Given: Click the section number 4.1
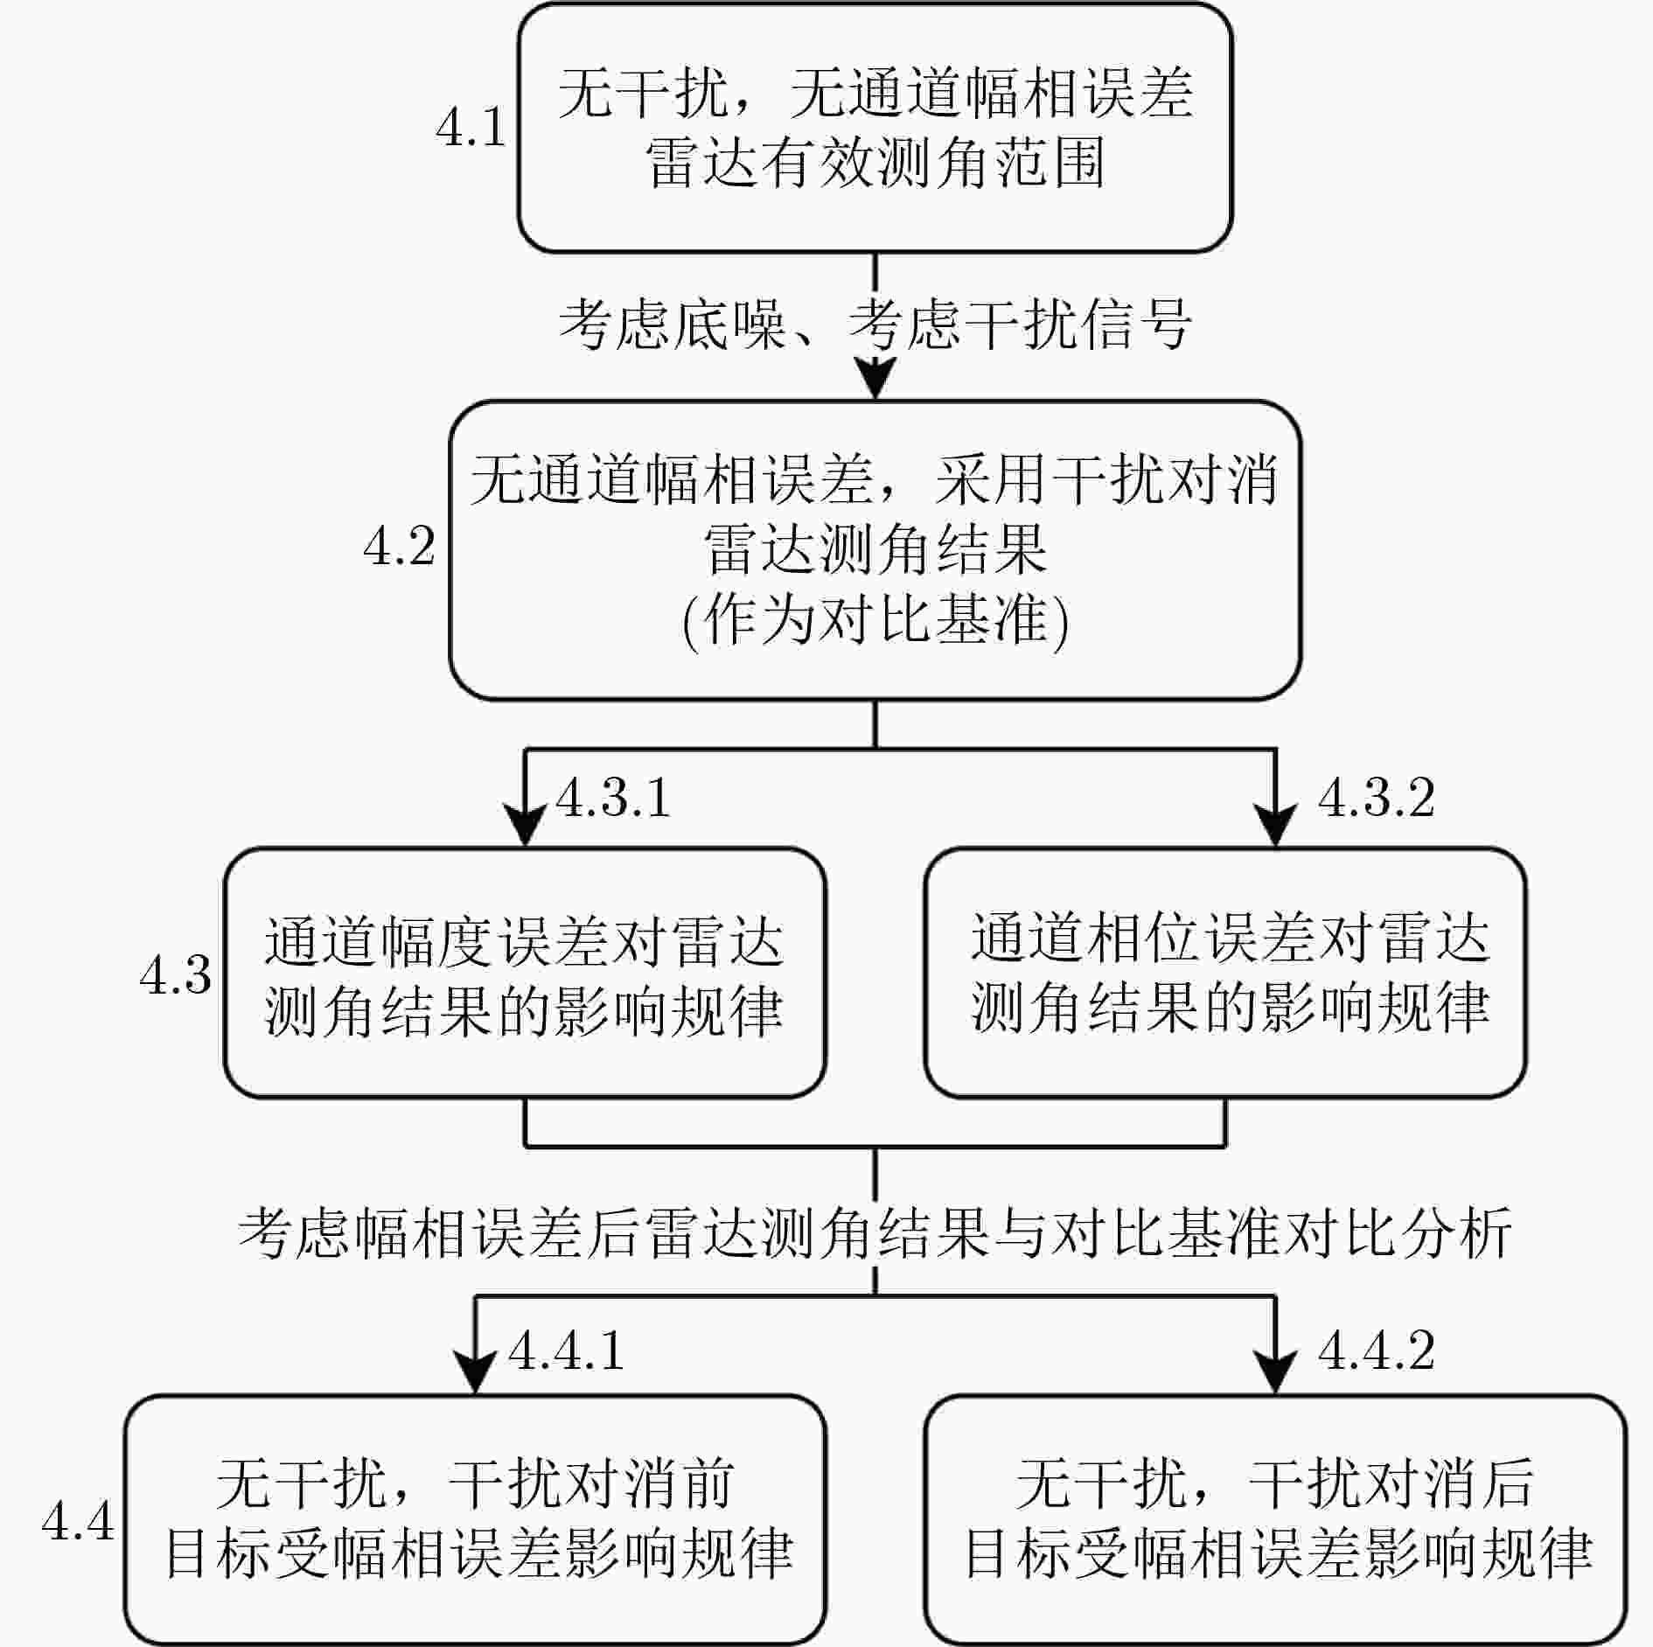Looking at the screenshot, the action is tap(471, 128).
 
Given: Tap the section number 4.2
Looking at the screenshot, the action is tap(399, 548).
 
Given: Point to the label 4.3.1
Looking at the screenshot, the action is tap(613, 798).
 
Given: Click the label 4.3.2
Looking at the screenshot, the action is tap(1376, 798).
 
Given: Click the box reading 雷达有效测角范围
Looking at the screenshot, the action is tap(875, 128).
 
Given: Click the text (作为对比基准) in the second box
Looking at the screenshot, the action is tap(875, 622).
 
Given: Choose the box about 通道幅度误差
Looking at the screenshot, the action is tap(525, 973).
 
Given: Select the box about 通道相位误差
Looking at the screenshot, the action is tap(1225, 973).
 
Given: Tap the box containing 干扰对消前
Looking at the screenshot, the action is tap(475, 1520).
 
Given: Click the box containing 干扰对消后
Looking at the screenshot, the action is tap(1276, 1520).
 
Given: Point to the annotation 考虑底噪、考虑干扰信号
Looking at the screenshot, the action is tap(875, 325).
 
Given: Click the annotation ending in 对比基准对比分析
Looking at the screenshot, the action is tap(875, 1233).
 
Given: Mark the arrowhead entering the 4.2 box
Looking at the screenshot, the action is tap(875, 378).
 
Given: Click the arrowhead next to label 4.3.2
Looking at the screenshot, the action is tap(1275, 826).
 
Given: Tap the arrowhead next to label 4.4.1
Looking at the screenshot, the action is tap(475, 1373).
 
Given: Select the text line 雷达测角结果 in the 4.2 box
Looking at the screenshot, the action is tap(875, 550).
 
